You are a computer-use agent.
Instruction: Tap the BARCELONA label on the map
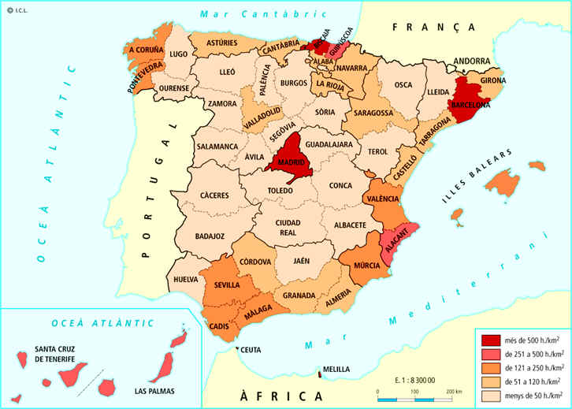click(x=470, y=105)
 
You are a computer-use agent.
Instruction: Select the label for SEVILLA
click(x=228, y=284)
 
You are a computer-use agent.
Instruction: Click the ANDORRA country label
click(x=473, y=60)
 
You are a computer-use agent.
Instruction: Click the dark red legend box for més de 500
click(x=492, y=340)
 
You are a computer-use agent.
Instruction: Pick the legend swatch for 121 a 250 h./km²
click(x=492, y=367)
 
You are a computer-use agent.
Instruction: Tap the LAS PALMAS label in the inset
click(x=154, y=391)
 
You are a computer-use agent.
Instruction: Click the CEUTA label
click(x=251, y=350)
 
